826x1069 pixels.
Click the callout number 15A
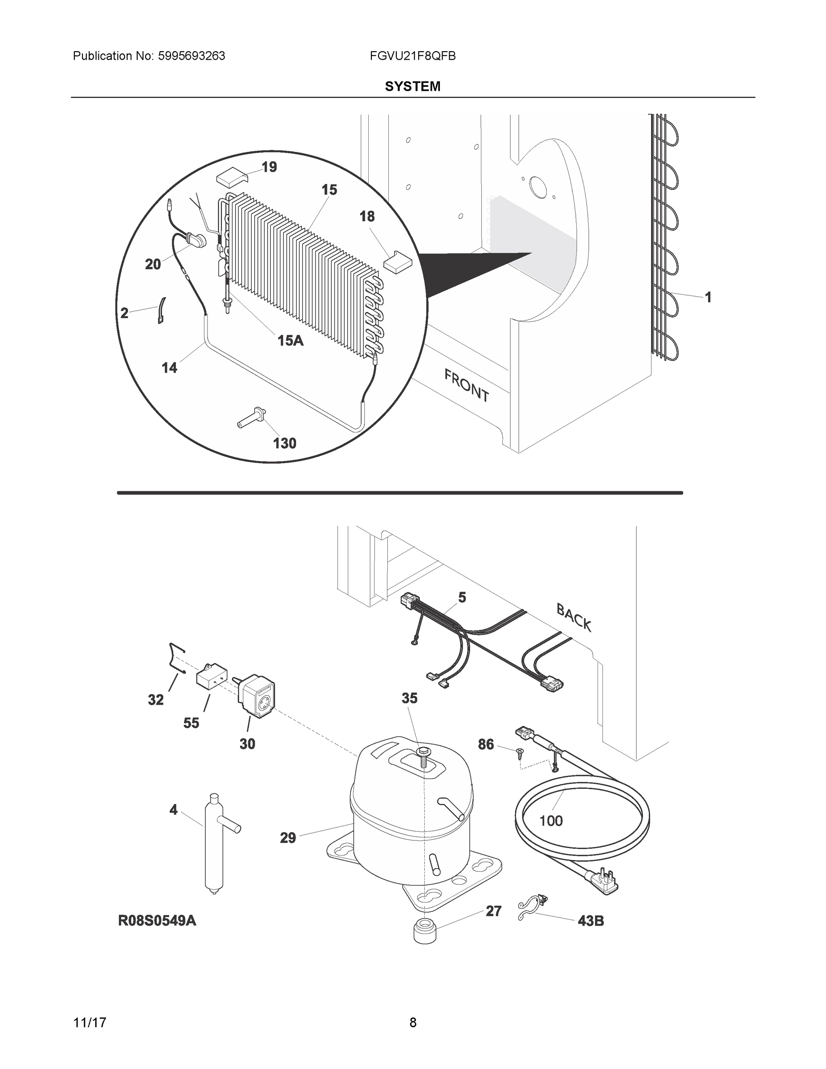(291, 340)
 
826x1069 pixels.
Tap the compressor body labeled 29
(411, 822)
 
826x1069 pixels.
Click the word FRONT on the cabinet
(466, 386)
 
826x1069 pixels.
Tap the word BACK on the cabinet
(574, 617)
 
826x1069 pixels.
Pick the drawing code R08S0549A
(157, 920)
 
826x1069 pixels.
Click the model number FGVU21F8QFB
(412, 56)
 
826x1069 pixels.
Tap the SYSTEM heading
(412, 87)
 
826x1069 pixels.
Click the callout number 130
(284, 444)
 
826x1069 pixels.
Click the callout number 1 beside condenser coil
(708, 297)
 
